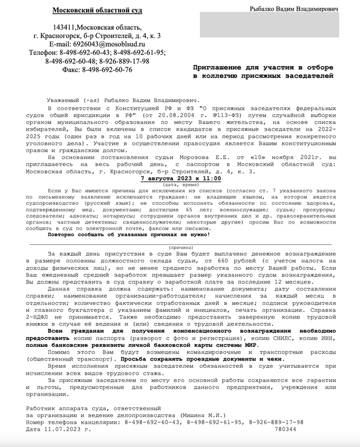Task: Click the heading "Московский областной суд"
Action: point(97,11)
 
